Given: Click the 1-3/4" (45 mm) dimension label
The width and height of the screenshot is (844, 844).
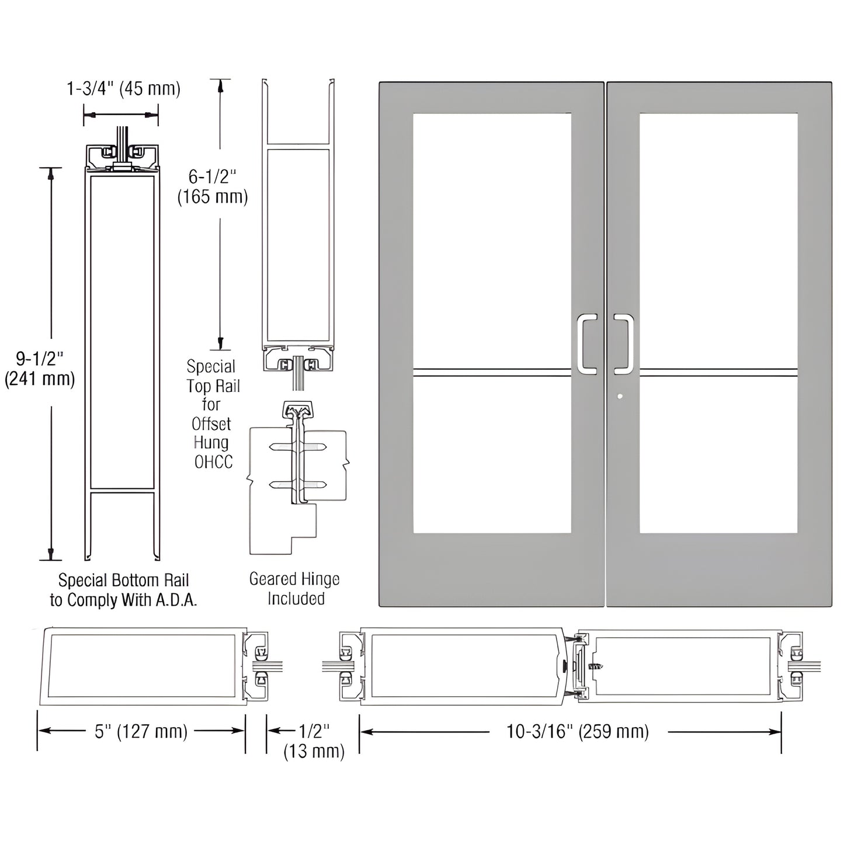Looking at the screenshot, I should pyautogui.click(x=123, y=89).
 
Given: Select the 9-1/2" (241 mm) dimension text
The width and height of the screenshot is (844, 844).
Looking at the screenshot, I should pyautogui.click(x=40, y=369).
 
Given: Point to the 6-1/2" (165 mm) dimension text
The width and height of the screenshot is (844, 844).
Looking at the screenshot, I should pyautogui.click(x=213, y=186).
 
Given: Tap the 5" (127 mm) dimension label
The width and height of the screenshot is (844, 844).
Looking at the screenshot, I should pyautogui.click(x=141, y=731).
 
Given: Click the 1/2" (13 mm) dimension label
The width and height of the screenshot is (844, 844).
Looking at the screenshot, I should pyautogui.click(x=314, y=741).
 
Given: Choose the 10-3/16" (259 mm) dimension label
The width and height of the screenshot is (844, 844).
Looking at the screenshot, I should pyautogui.click(x=577, y=731).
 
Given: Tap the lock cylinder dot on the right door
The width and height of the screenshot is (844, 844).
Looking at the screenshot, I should pyautogui.click(x=620, y=397).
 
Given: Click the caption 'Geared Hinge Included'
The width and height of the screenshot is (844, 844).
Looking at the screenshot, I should pyautogui.click(x=295, y=589).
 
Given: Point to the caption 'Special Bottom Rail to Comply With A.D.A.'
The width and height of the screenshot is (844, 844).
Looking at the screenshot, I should pyautogui.click(x=123, y=590).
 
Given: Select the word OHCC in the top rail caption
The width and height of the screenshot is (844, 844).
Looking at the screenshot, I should pyautogui.click(x=213, y=462).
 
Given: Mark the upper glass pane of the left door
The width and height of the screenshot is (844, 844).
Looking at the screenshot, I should pyautogui.click(x=492, y=239).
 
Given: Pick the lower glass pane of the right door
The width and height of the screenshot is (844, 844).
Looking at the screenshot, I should pyautogui.click(x=718, y=456).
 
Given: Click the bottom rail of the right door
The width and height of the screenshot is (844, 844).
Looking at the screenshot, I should pyautogui.click(x=718, y=569).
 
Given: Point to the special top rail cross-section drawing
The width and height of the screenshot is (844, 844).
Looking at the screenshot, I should pyautogui.click(x=298, y=234).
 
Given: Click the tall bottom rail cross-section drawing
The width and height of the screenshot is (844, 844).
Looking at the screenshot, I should pyautogui.click(x=123, y=350).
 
